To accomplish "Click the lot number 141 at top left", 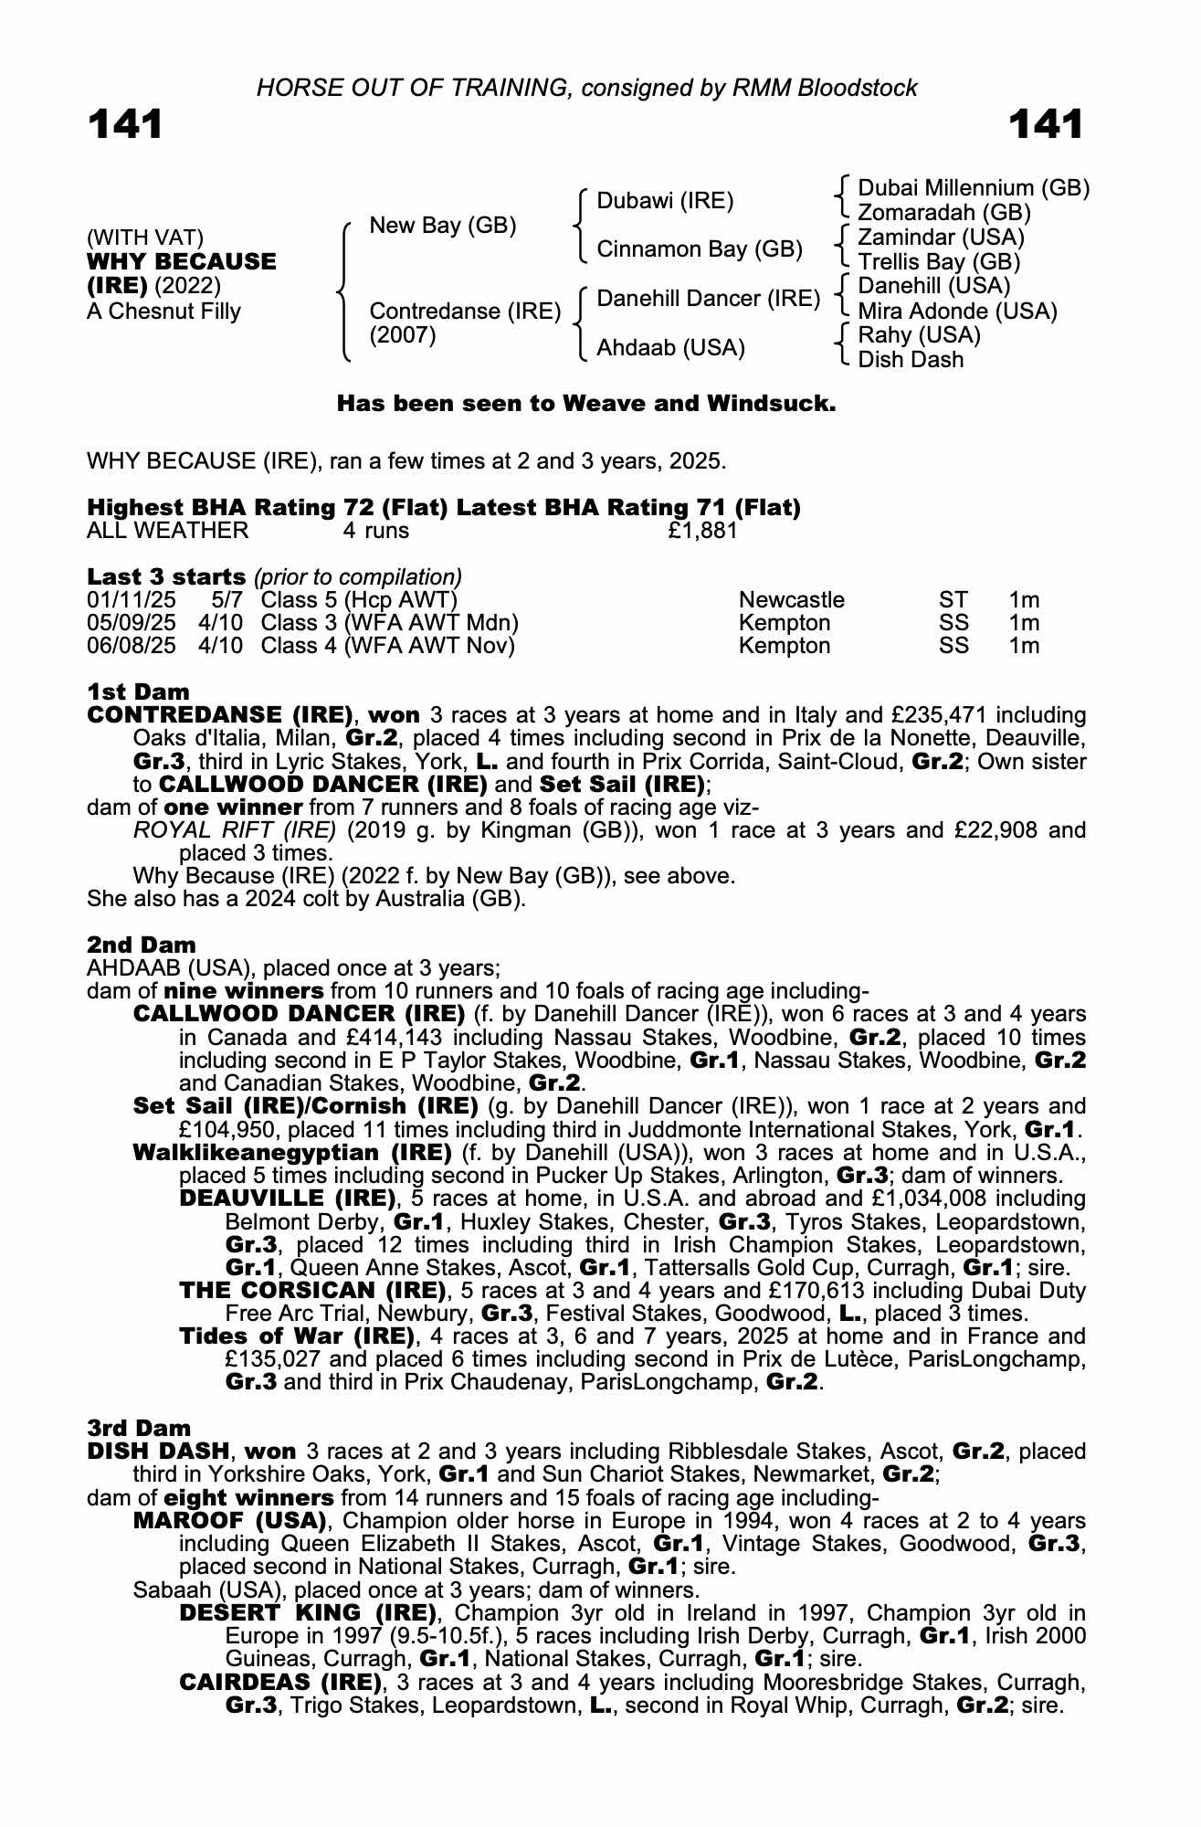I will (125, 125).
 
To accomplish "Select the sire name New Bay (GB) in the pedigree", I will (443, 226).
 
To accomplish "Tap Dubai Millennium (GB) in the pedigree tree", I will (974, 188).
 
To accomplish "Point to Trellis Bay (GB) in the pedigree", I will (939, 261).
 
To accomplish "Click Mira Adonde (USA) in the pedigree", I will (957, 312).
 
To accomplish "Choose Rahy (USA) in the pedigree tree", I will (919, 335).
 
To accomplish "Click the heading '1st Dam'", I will (138, 692).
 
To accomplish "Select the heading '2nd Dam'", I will (141, 945).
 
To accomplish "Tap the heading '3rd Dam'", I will (140, 1428).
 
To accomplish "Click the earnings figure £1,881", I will (702, 531).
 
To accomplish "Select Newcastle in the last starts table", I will (791, 600).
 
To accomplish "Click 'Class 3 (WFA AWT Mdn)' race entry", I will (389, 623).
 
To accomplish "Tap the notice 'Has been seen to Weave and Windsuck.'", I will (586, 404).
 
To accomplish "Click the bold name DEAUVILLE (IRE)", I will (288, 1199).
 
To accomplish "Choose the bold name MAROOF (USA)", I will (230, 1521).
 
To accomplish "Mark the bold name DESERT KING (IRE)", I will (308, 1613).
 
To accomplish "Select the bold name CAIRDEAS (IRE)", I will (280, 1683).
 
